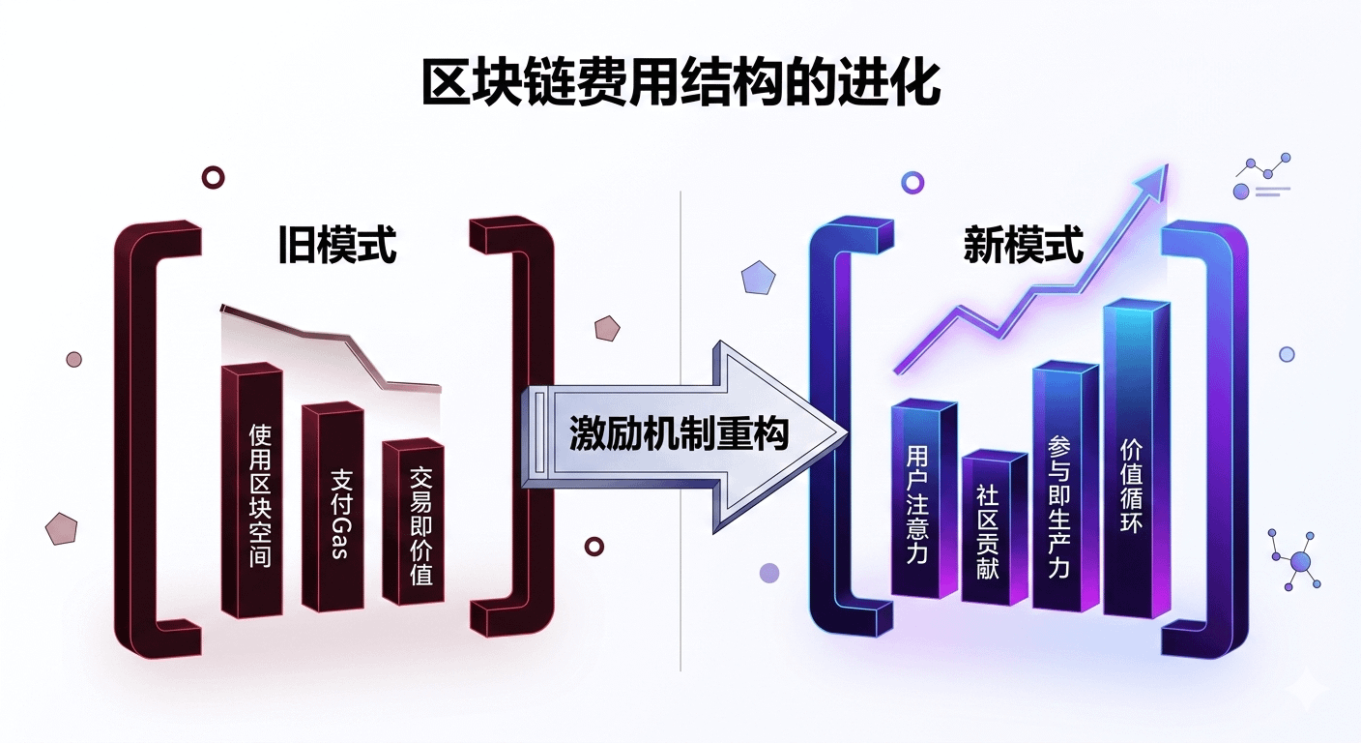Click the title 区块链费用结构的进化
pyautogui.click(x=680, y=85)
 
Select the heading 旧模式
pyautogui.click(x=336, y=246)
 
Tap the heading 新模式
pyautogui.click(x=1023, y=246)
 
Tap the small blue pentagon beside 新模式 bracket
pyautogui.click(x=758, y=278)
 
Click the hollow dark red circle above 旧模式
pyautogui.click(x=213, y=177)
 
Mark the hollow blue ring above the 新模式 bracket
pyautogui.click(x=912, y=182)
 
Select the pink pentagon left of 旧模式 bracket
pyautogui.click(x=61, y=528)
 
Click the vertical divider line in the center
pyautogui.click(x=680, y=580)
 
